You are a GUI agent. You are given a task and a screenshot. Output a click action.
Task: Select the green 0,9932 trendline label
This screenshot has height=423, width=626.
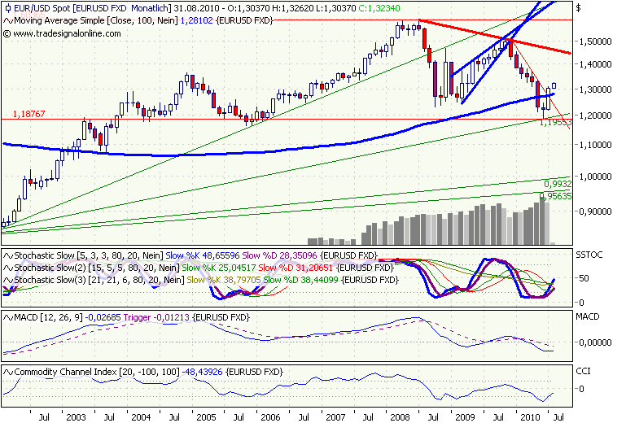(557, 184)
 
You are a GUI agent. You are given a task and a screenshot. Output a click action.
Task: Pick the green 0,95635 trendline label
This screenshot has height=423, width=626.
(556, 196)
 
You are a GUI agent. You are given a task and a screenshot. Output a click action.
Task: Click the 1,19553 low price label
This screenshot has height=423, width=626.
(558, 121)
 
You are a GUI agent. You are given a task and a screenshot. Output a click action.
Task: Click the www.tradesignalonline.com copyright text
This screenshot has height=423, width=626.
(67, 33)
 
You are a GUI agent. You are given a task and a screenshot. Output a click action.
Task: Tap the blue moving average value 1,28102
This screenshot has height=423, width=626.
(198, 20)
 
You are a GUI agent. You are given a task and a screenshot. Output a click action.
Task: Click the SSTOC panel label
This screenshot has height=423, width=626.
(589, 255)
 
